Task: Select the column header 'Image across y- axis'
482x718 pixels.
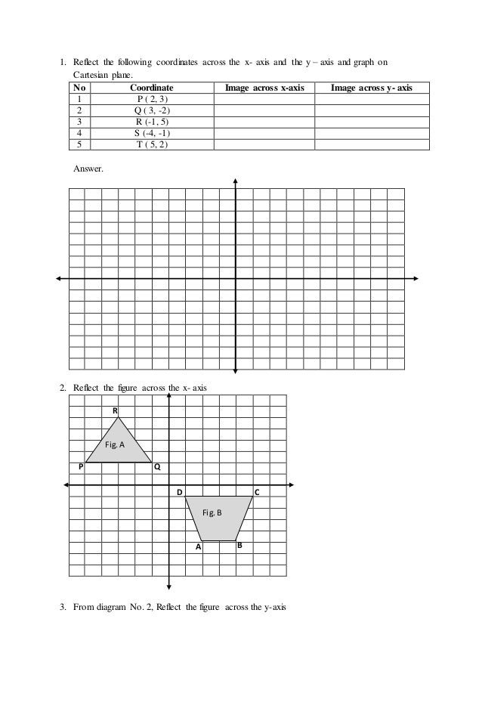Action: [372, 88]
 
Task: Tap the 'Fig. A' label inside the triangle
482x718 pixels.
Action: [115, 445]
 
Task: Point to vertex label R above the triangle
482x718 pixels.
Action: [116, 410]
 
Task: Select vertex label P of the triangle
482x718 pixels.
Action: [80, 468]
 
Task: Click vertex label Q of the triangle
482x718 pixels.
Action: [156, 468]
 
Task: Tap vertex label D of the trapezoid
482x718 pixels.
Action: [180, 492]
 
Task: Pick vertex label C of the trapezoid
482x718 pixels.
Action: [257, 492]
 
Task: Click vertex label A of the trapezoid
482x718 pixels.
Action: [198, 546]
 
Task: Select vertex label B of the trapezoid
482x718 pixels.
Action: [239, 545]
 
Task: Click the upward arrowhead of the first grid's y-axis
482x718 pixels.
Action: [236, 181]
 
